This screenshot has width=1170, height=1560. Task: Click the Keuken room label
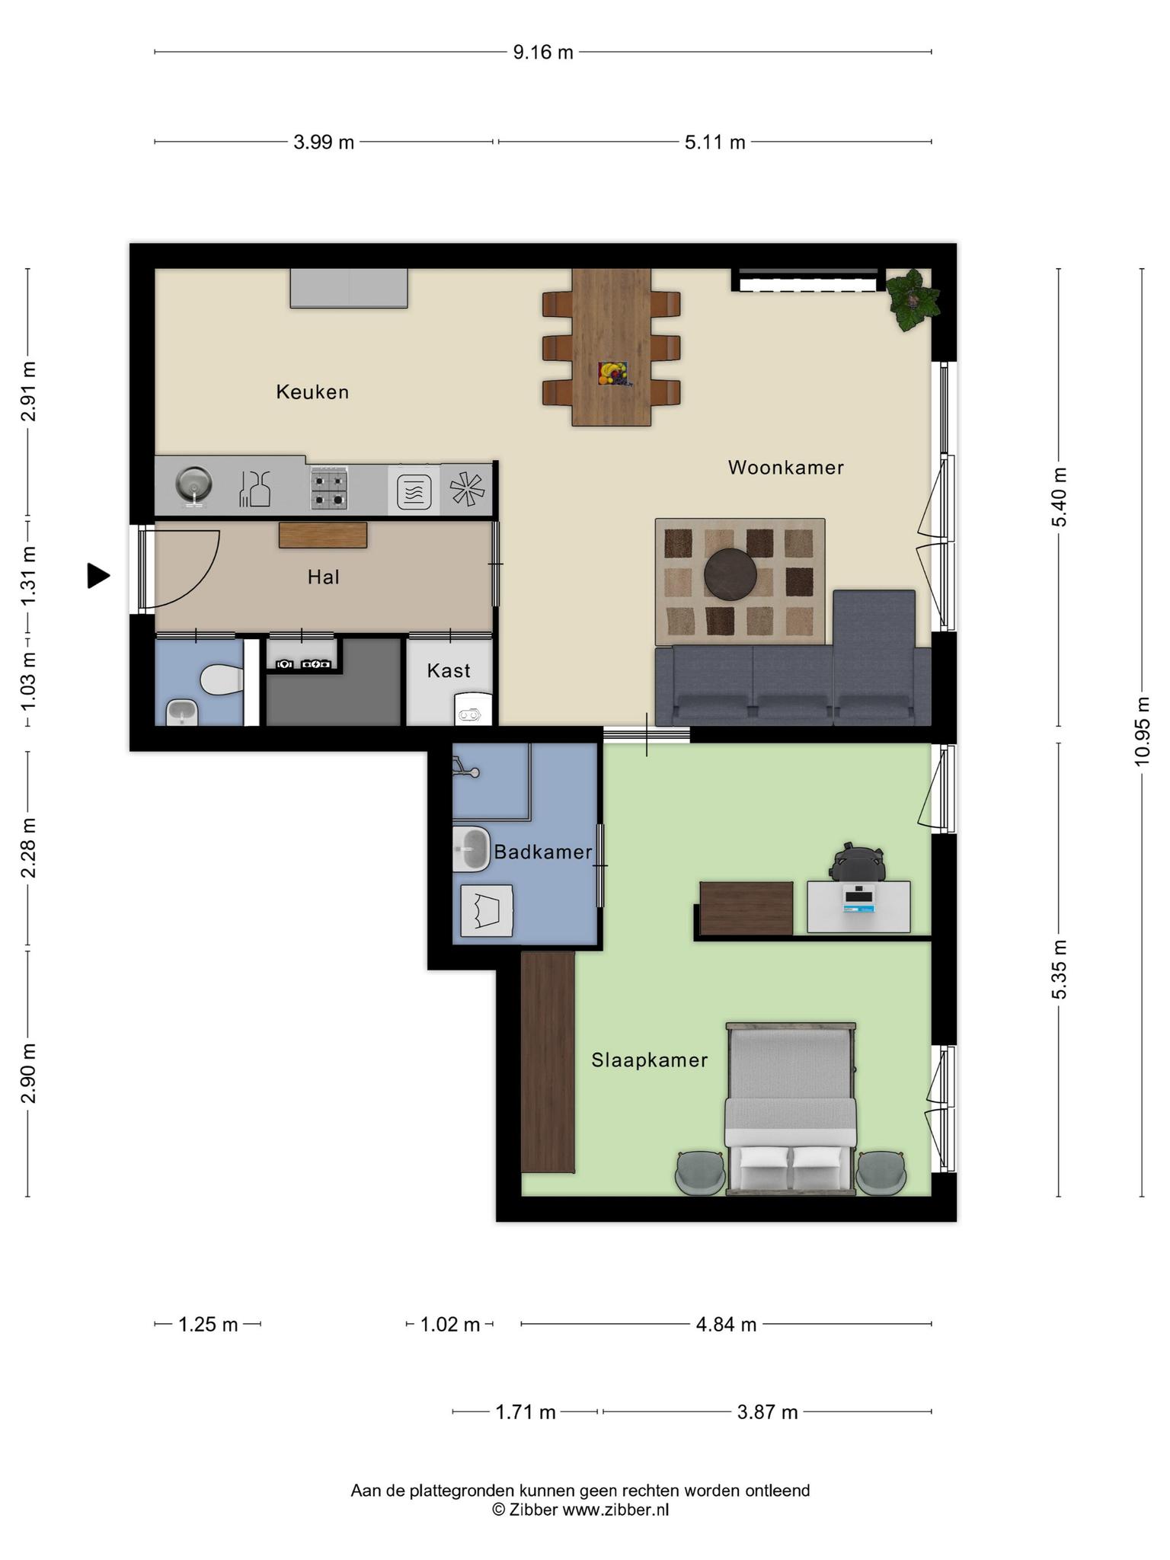coord(312,392)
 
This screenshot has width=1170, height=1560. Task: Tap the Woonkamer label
coord(786,468)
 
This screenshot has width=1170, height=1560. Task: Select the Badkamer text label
coord(543,852)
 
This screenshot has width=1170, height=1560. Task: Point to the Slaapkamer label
coord(650,1060)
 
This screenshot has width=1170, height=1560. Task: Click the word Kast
coord(449,670)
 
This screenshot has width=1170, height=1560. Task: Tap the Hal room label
coord(324,577)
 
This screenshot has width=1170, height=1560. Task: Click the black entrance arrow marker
coord(98,576)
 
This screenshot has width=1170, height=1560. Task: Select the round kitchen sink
coord(193,484)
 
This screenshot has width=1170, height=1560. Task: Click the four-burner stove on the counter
coord(329,489)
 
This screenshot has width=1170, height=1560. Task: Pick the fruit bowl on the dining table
coord(612,373)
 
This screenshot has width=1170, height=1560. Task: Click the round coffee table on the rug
coord(730,574)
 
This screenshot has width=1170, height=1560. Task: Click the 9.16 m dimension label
coord(543,53)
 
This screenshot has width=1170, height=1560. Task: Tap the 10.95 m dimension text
coord(1142,731)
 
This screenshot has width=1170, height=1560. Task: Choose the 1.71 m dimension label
coord(526,1412)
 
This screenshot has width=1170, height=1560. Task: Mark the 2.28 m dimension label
coord(28,848)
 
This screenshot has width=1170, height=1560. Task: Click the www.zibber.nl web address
coord(615,1509)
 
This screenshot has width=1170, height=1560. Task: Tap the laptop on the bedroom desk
coord(858,900)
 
